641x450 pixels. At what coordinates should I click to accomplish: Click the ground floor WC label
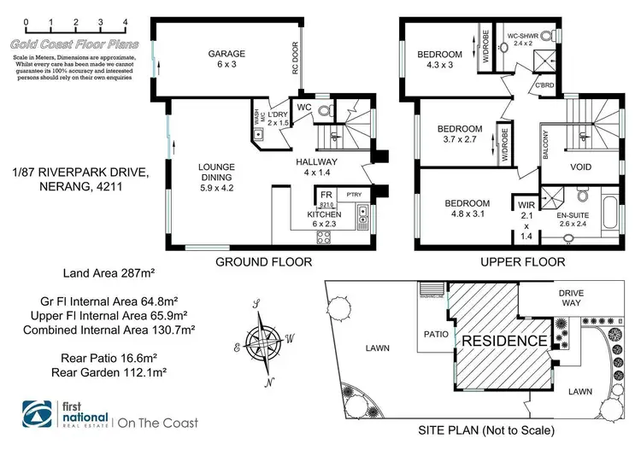click(304, 108)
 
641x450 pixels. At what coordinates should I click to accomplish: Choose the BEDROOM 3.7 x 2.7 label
click(461, 134)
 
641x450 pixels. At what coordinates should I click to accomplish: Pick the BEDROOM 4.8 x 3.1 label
click(467, 209)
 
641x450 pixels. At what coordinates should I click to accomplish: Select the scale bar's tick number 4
click(126, 20)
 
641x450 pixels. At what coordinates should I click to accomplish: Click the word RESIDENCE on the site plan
click(504, 342)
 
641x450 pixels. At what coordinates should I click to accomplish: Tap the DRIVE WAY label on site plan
click(572, 298)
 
